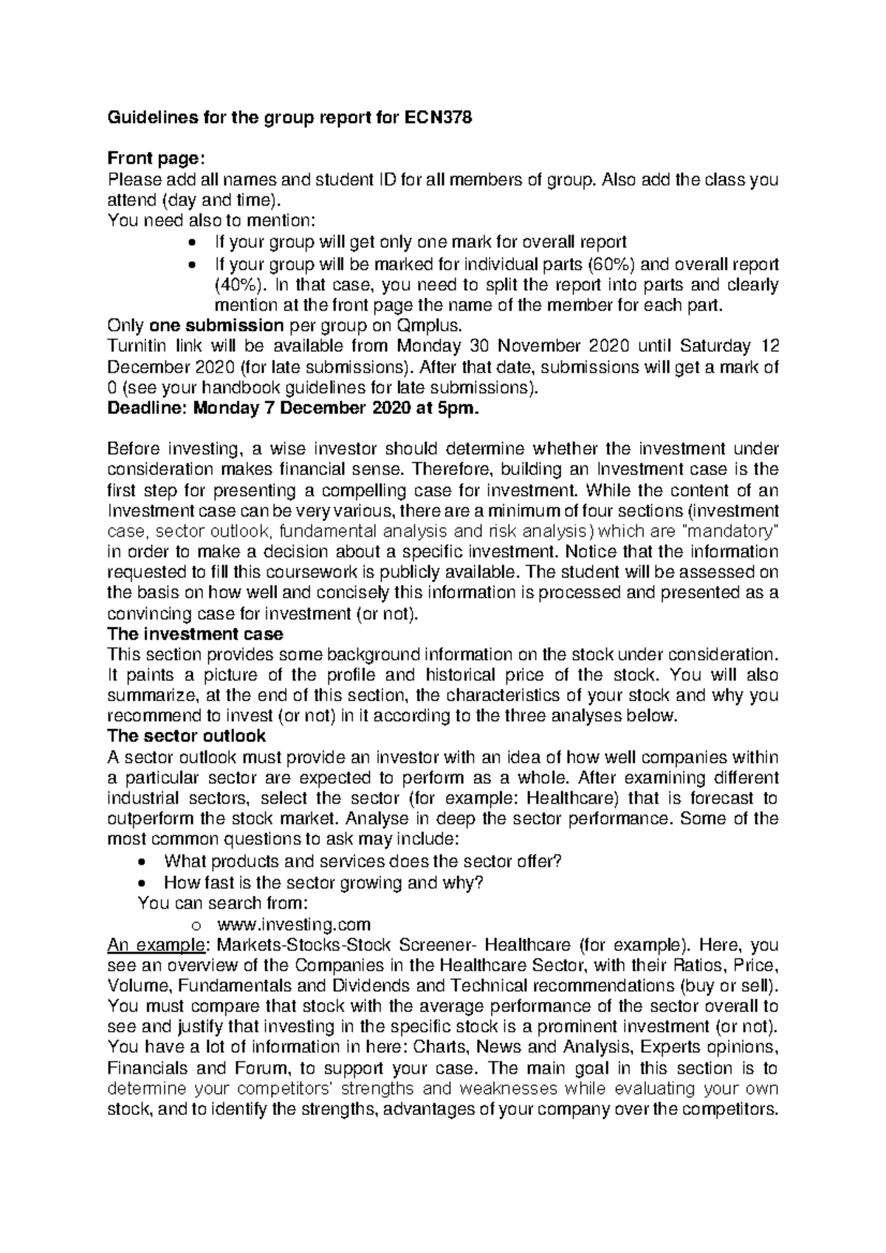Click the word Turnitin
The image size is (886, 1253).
pos(134,346)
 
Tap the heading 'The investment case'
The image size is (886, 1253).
pos(195,634)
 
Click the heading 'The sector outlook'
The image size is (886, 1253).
pos(186,736)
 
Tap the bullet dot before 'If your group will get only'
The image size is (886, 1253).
pos(193,244)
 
